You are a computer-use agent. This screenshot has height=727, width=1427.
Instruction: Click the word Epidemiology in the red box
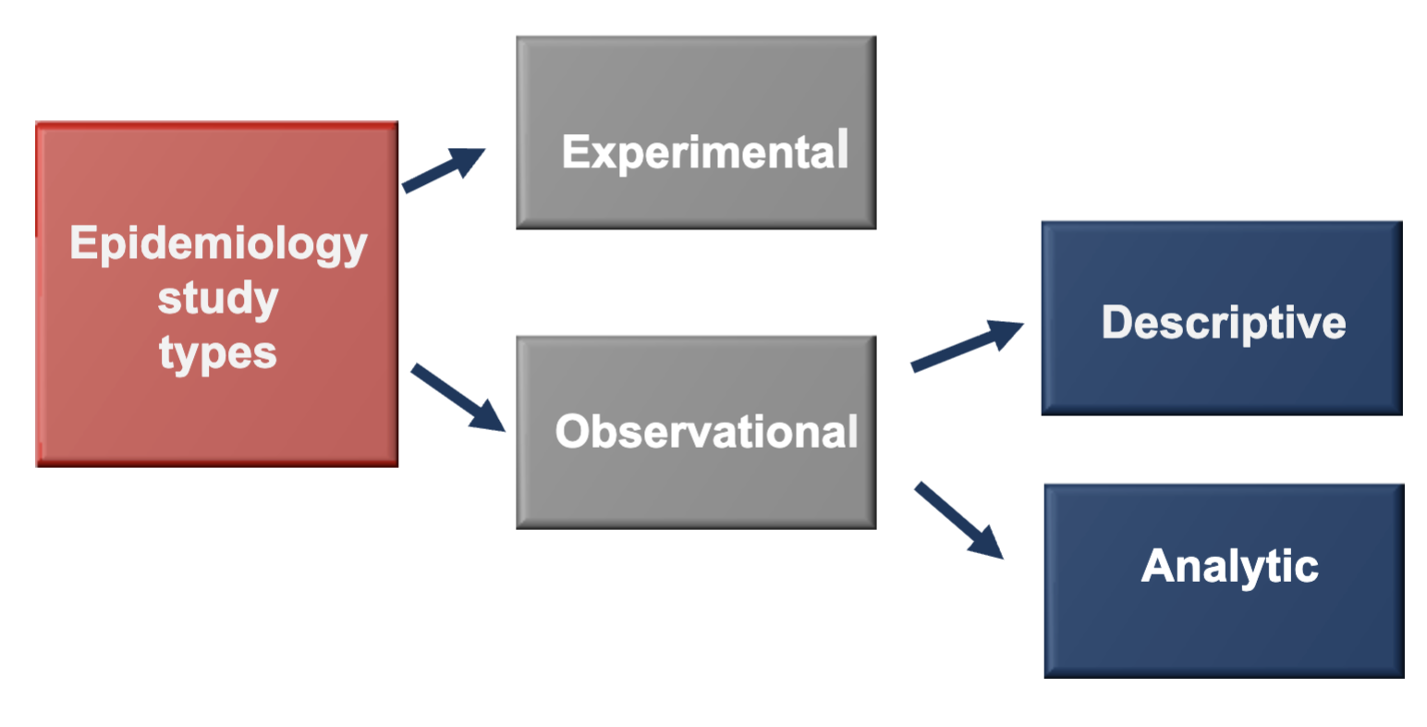pyautogui.click(x=218, y=245)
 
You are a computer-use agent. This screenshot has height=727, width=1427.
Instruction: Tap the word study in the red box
pyautogui.click(x=218, y=299)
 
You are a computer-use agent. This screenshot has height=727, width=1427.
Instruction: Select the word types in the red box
pyautogui.click(x=218, y=353)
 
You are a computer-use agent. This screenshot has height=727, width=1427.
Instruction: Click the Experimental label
pyautogui.click(x=705, y=153)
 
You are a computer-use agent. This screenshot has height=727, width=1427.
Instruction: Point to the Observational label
pyautogui.click(x=706, y=431)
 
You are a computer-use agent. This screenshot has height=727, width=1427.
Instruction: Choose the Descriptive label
pyautogui.click(x=1223, y=323)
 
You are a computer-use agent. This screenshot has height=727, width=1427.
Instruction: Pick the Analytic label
pyautogui.click(x=1229, y=566)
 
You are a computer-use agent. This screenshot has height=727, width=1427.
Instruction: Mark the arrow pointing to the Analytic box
pyautogui.click(x=957, y=520)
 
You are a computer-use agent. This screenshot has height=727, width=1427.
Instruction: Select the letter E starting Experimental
pyautogui.click(x=576, y=152)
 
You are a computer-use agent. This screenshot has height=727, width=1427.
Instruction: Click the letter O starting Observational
pyautogui.click(x=574, y=431)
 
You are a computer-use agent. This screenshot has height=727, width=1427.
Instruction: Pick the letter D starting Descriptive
pyautogui.click(x=1119, y=322)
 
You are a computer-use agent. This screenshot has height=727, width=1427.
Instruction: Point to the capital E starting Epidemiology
pyautogui.click(x=83, y=243)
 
